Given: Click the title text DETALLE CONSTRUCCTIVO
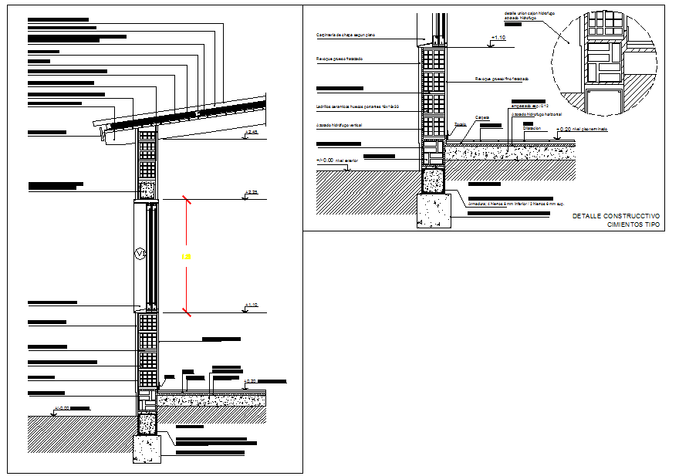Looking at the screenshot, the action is click(x=616, y=216).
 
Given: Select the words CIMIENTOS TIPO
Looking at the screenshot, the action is click(x=633, y=224).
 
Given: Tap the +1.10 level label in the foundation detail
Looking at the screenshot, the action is click(x=499, y=37).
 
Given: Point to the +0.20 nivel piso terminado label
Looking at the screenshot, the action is click(x=581, y=130).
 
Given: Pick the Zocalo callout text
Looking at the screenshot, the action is click(x=460, y=123).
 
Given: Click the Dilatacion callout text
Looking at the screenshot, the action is click(x=532, y=128).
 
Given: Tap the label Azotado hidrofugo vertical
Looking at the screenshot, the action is click(x=339, y=124).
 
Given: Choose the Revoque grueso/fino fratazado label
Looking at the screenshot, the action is click(x=502, y=79).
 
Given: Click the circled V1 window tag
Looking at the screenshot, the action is click(x=140, y=253).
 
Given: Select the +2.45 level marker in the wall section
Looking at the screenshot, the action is click(x=250, y=134).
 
